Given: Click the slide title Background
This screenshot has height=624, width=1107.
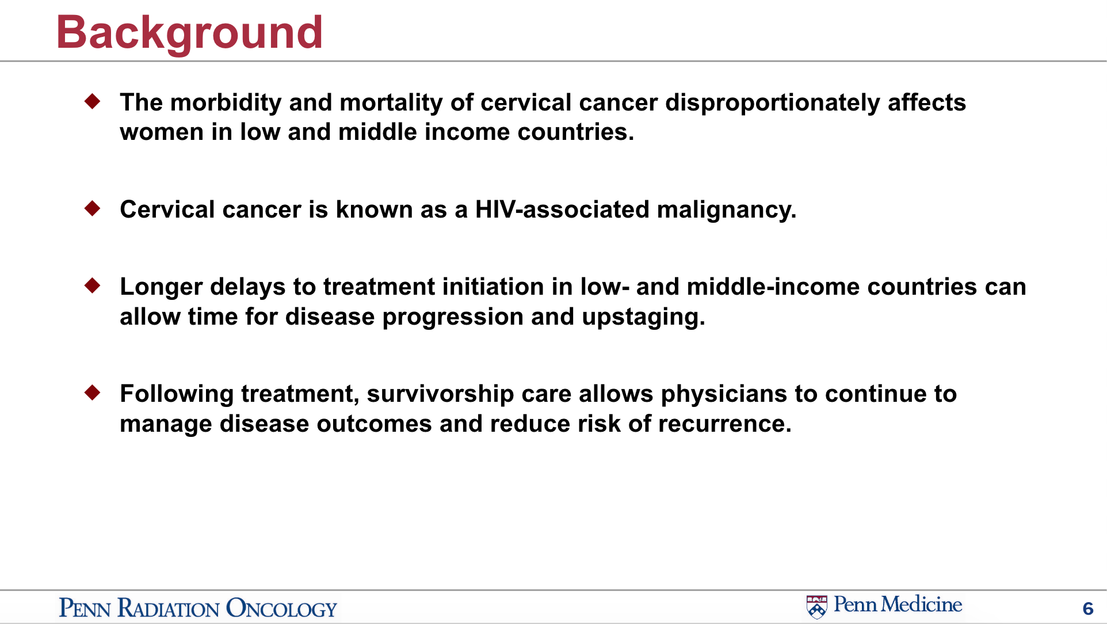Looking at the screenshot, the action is (189, 33).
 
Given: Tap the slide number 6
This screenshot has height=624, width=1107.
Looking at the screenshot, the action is (1087, 608).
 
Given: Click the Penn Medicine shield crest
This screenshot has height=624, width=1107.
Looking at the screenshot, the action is (816, 607).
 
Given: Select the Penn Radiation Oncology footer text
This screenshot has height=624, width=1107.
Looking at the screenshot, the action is (198, 608).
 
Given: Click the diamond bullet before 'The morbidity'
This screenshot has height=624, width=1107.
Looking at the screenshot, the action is (92, 101).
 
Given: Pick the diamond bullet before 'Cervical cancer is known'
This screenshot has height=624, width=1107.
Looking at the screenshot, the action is (92, 208).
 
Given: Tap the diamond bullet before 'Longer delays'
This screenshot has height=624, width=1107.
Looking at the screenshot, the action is (92, 285).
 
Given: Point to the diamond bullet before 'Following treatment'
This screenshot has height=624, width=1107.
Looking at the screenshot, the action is (92, 393).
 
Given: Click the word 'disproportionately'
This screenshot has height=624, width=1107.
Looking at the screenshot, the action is (773, 104).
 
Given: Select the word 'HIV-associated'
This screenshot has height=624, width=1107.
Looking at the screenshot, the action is (562, 210).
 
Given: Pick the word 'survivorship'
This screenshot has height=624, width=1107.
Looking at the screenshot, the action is (440, 395).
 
